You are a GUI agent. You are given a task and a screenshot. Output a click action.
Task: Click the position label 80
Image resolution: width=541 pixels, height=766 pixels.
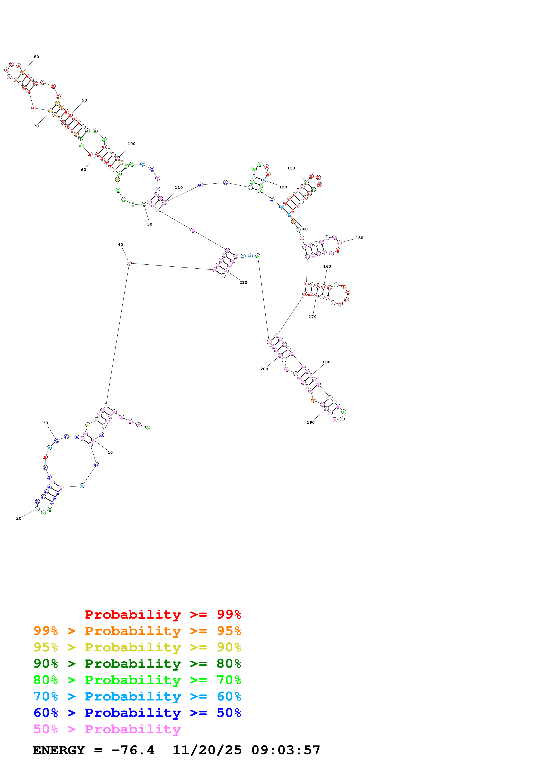coord(36,57)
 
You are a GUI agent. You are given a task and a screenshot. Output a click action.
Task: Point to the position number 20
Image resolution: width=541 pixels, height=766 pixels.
coord(19,518)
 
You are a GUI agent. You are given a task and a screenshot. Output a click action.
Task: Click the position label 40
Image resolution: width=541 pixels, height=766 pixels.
coord(120,245)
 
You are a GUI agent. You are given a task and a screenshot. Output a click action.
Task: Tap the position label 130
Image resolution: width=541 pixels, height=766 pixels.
coord(291,168)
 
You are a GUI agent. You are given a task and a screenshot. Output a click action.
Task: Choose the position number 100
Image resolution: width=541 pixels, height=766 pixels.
coord(131,144)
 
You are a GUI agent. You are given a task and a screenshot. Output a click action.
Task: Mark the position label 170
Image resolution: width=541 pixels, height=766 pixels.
coord(312,317)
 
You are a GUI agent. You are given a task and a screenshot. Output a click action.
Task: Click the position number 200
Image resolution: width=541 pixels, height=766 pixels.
coord(264,369)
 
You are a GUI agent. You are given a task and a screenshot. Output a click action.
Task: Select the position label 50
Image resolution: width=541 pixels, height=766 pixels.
coord(150,224)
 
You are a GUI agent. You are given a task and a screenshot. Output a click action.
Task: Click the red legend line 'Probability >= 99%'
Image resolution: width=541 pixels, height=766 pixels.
coord(163,614)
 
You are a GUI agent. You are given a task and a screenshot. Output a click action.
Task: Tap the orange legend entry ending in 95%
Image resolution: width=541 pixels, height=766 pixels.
coord(137,631)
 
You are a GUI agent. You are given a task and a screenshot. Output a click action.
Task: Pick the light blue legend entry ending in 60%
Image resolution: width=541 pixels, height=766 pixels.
coord(137,696)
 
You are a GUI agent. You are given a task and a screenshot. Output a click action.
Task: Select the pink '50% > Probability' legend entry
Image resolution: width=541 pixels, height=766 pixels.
coord(107,729)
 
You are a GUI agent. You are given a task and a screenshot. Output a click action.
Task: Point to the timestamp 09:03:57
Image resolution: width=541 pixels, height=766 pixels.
coord(286,750)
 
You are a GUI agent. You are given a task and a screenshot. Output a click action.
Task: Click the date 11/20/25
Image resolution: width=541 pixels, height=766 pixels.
coord(207,750)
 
